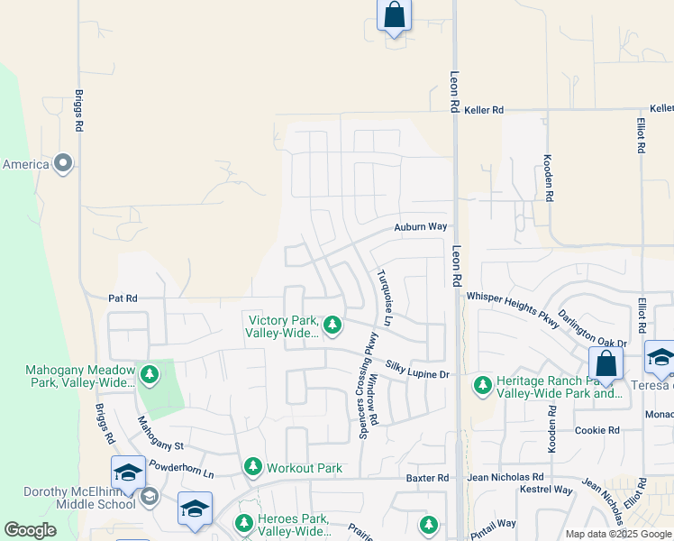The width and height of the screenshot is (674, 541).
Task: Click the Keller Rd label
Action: pyautogui.click(x=484, y=110)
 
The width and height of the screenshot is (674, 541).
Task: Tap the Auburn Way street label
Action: pyautogui.click(x=421, y=228)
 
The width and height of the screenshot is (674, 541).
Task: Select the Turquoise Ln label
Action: pyautogui.click(x=385, y=298)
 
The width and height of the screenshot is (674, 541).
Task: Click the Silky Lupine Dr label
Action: pyautogui.click(x=417, y=369)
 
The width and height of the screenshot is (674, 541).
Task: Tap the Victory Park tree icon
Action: pyautogui.click(x=332, y=325)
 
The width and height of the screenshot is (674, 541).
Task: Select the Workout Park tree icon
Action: pyautogui.click(x=253, y=467)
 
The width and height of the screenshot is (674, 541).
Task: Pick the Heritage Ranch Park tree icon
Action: pyautogui.click(x=483, y=386)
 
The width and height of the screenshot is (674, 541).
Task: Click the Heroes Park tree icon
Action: pyautogui.click(x=243, y=523)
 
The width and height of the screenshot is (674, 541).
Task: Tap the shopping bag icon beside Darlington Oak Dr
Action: pyautogui.click(x=606, y=364)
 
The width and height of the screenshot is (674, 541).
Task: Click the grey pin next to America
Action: pyautogui.click(x=63, y=164)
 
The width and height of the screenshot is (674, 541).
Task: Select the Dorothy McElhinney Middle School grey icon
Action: pyautogui.click(x=149, y=495)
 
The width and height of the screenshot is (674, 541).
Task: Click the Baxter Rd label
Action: pyautogui.click(x=427, y=478)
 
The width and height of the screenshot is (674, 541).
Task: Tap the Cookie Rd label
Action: pyautogui.click(x=597, y=431)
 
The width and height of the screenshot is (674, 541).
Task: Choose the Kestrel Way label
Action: pyautogui.click(x=545, y=491)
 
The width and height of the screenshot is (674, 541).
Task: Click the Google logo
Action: pyautogui.click(x=31, y=530)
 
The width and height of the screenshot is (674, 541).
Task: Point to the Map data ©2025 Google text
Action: pyautogui.click(x=617, y=534)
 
